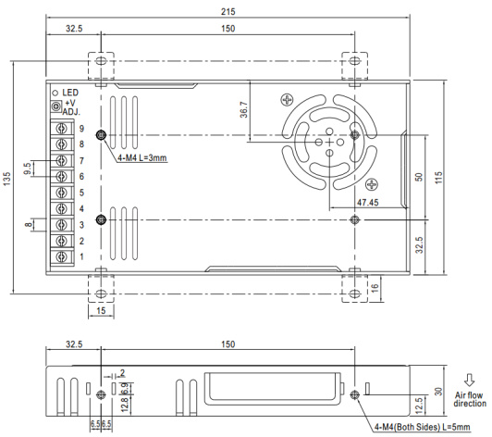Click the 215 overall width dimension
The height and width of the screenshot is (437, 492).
click(x=228, y=12)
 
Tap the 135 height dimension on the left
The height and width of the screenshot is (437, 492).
click(x=6, y=179)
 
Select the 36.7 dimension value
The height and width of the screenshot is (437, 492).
click(x=244, y=109)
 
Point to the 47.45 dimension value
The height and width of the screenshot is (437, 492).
click(x=368, y=203)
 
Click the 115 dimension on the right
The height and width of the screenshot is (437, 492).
click(x=438, y=178)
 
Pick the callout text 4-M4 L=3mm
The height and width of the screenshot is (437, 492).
click(x=142, y=157)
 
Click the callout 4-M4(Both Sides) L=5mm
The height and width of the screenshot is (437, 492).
click(x=423, y=427)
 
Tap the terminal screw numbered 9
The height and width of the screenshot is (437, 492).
click(x=62, y=128)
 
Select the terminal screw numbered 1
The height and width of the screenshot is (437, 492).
click(x=62, y=256)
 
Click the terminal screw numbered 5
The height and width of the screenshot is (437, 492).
click(x=62, y=193)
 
